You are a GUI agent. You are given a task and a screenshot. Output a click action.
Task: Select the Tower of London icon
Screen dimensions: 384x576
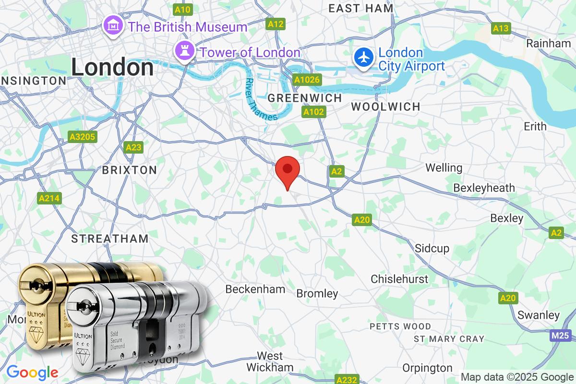point(184,52)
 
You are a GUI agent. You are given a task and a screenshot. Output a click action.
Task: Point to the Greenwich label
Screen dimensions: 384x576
point(305,98)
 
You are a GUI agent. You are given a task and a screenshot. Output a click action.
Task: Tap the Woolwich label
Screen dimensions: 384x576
point(385,107)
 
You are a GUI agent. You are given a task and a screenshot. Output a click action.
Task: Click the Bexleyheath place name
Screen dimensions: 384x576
point(484,188)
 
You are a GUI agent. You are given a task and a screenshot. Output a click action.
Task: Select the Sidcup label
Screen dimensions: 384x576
point(432,248)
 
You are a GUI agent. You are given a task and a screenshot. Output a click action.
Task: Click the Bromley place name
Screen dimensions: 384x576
point(317,293)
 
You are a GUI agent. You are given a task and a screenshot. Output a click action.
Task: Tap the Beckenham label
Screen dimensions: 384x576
point(255,289)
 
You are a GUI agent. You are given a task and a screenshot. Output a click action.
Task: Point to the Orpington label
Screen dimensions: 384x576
point(428,368)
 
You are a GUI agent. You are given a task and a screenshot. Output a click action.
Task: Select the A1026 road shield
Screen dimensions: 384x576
point(307,80)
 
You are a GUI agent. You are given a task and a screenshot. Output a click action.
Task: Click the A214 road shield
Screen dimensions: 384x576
point(50,198)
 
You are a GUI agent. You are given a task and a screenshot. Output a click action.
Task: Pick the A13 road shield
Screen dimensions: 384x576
point(501,29)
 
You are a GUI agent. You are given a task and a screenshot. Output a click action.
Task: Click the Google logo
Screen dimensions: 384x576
point(32,372)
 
